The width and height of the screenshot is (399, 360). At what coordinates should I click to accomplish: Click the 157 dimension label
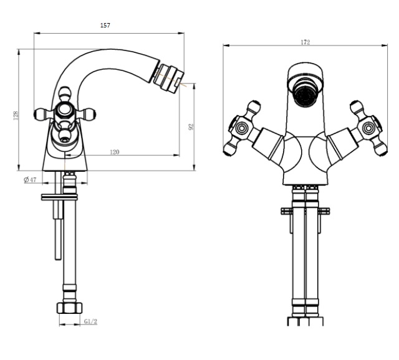click(105, 25)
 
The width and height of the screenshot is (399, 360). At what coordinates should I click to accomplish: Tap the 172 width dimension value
click(305, 42)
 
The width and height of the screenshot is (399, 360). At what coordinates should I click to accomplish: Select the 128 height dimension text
click(16, 115)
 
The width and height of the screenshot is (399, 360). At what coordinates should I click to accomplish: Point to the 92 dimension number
click(191, 127)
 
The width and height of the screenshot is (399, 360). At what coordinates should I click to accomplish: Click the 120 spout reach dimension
click(115, 152)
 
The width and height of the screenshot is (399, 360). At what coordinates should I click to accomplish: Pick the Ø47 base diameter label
click(31, 179)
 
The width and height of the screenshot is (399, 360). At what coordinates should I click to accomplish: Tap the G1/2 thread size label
click(90, 321)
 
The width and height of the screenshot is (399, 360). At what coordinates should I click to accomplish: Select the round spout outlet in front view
click(305, 95)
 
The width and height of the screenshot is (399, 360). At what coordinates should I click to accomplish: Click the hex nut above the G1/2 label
click(69, 308)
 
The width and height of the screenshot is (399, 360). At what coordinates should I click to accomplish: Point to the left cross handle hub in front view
click(241, 128)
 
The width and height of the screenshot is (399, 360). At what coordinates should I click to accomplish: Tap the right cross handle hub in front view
click(368, 128)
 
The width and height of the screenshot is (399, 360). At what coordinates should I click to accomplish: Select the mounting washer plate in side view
click(59, 197)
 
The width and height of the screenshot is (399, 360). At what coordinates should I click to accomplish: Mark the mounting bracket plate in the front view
click(305, 211)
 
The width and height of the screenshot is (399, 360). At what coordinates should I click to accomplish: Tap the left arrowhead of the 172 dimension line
click(226, 45)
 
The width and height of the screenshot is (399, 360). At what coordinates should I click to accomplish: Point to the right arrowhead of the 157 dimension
click(181, 33)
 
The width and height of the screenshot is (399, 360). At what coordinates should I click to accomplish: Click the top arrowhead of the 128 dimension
click(19, 52)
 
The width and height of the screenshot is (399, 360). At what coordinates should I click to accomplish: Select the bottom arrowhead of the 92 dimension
click(194, 168)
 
